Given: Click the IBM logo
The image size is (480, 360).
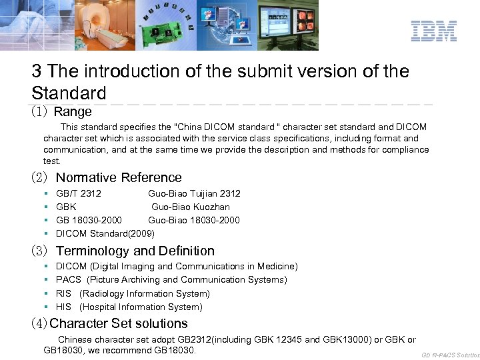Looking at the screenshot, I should [x=433, y=31].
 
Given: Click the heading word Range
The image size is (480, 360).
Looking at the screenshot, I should [x=73, y=111].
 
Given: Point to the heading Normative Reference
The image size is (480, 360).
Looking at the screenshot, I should [x=119, y=177].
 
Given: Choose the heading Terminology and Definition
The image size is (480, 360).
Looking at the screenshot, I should [x=135, y=251].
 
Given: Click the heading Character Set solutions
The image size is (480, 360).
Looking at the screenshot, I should [x=119, y=323].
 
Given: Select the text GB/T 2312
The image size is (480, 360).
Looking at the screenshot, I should [x=79, y=193].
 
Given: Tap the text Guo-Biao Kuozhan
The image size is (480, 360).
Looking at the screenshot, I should [x=190, y=207].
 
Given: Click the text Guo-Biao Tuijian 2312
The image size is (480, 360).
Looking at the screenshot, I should [x=194, y=193].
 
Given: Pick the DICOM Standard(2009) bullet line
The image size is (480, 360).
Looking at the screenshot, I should [x=105, y=233].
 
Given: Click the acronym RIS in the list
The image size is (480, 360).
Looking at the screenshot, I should [x=64, y=293].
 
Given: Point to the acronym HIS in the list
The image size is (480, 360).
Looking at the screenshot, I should [x=64, y=307].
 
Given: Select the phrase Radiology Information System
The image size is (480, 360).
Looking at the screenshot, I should [x=145, y=293].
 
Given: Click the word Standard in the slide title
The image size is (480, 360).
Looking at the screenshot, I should [x=69, y=92].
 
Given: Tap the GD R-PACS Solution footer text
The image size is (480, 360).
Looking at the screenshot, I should [x=450, y=355].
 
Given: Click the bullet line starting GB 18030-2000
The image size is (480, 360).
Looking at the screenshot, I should [x=148, y=220].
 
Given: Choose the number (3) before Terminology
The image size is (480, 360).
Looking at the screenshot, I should [x=40, y=251].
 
